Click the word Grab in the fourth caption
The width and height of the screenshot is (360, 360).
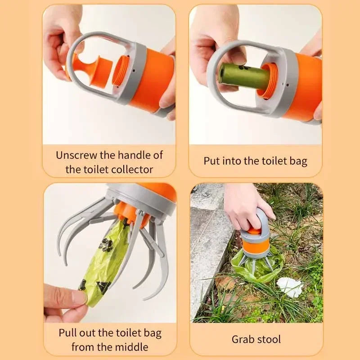pos(243,339)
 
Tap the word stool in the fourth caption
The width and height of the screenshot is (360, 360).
pos(269,339)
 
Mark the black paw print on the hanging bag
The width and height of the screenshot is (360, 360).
pos(106,245)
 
